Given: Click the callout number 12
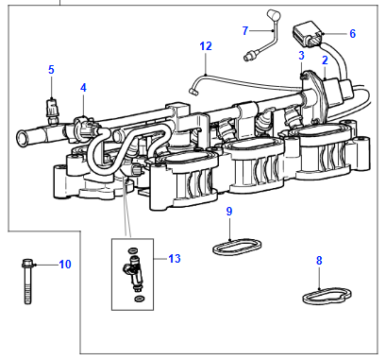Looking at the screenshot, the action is tap(206, 46).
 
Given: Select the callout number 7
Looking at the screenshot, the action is tap(245, 30).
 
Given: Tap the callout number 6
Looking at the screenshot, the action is tap(352, 33).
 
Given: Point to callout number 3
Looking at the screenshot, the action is tap(301, 56).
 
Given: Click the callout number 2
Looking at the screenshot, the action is tap(325, 60).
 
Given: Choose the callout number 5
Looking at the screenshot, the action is tap(51, 70).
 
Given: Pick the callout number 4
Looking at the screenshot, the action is tap(83, 88).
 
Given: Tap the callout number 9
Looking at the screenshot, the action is tap(229, 211).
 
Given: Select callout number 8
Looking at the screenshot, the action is tap(319, 261).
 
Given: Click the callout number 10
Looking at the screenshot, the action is tap(65, 265).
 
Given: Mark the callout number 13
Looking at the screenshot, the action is tap(175, 259).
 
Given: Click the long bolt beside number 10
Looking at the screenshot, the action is tap(27, 282).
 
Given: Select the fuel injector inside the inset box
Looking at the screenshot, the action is tap(133, 272).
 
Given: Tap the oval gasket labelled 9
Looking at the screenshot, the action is tap(237, 247).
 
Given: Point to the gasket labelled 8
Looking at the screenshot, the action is tap(327, 297).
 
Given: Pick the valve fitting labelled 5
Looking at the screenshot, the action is tap(52, 111).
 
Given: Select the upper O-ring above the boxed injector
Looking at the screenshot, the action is tap(133, 251).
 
